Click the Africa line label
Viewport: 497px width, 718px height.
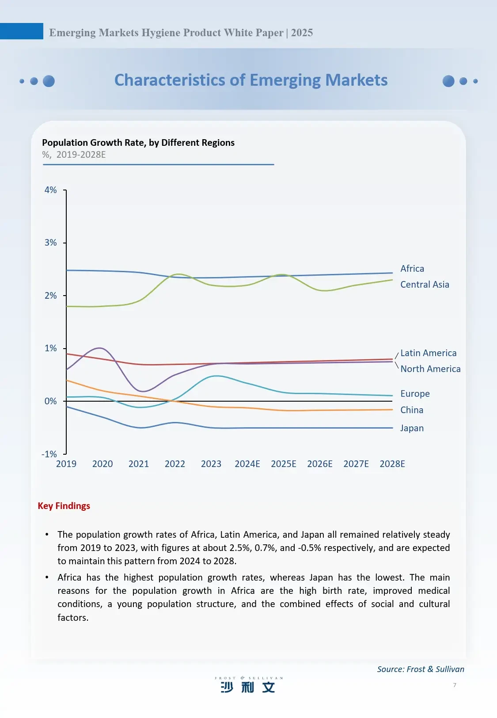[412, 269]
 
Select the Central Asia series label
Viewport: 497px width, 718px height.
[424, 285]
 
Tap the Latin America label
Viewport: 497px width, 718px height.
[428, 353]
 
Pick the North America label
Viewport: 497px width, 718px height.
[430, 369]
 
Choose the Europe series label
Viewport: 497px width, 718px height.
[414, 394]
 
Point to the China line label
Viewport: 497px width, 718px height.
[411, 410]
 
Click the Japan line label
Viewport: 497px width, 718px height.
[411, 428]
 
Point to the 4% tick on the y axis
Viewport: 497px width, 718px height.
[51, 190]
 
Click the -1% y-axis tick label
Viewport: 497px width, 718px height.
[49, 454]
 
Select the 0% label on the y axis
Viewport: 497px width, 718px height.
[51, 401]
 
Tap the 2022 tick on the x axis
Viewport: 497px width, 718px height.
[175, 464]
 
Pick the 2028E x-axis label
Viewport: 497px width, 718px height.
[392, 464]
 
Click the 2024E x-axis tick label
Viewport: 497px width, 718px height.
[247, 464]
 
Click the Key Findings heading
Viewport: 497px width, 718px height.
[64, 506]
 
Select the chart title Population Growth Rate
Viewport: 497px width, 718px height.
[138, 143]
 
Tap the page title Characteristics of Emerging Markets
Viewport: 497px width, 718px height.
[250, 80]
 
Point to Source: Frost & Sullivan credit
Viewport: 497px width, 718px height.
[420, 669]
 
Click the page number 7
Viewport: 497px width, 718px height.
[455, 685]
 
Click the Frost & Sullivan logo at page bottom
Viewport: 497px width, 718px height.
[248, 684]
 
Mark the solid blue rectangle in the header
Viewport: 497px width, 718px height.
[21, 31]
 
